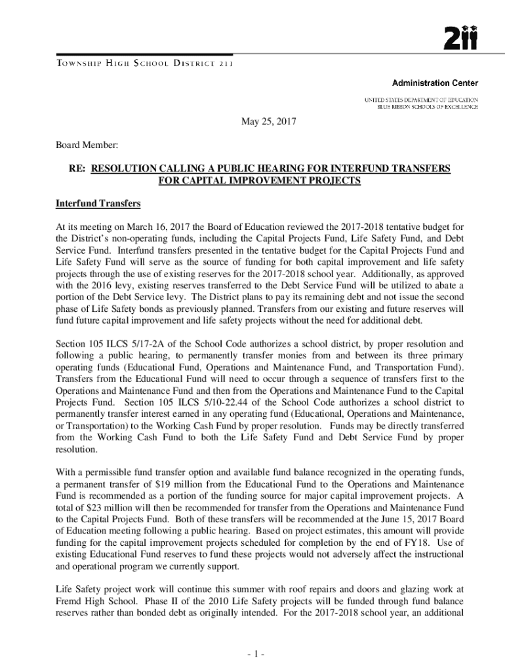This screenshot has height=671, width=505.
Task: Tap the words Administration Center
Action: [x=435, y=83]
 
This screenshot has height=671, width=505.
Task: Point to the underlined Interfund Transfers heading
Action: [x=98, y=203]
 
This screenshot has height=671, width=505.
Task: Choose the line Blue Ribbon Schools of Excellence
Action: [x=427, y=106]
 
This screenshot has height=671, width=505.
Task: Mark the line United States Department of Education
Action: [x=421, y=99]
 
